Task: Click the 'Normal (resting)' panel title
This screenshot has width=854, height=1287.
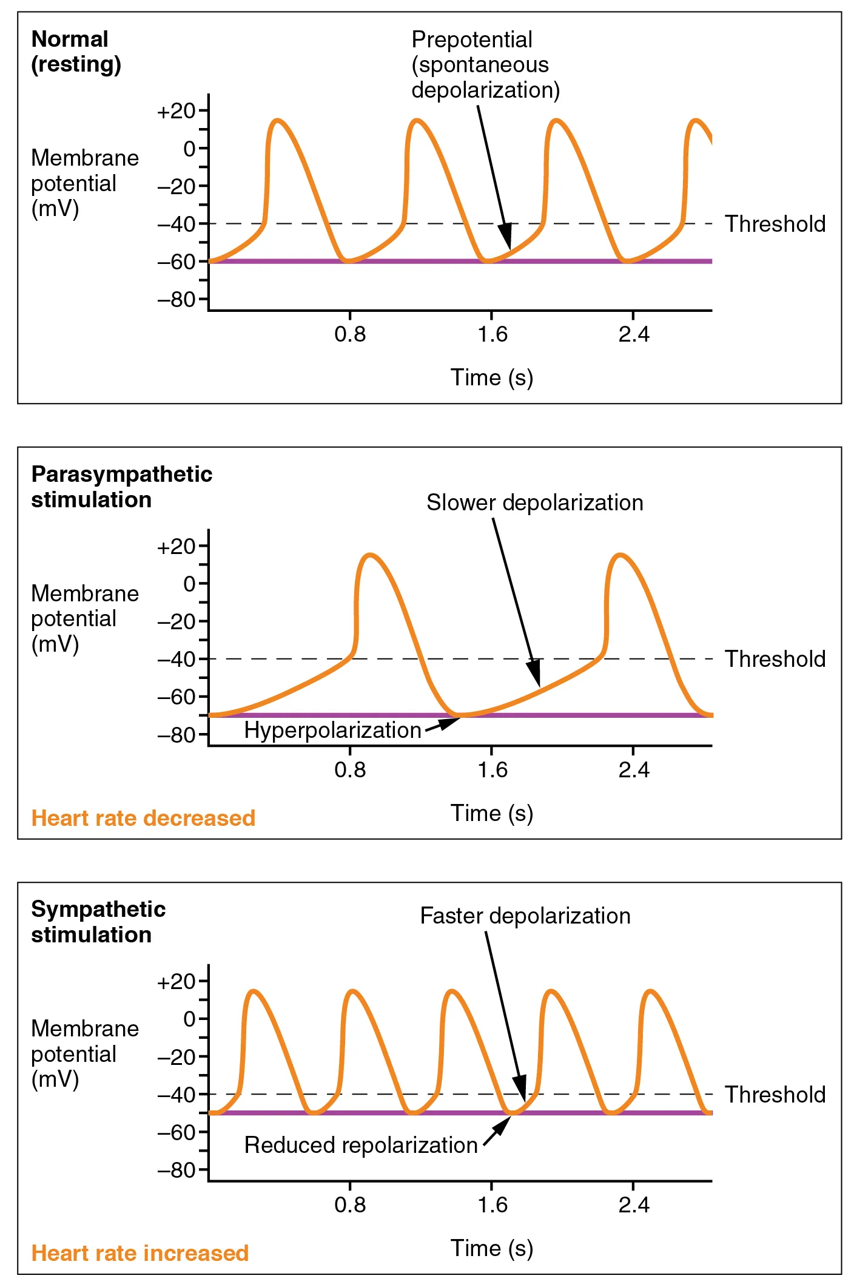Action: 76,52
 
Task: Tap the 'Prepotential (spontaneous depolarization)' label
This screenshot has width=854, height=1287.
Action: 485,65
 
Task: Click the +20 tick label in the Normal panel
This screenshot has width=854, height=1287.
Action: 177,111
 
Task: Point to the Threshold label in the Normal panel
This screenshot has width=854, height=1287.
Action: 775,224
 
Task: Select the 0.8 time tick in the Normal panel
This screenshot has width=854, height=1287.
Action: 350,334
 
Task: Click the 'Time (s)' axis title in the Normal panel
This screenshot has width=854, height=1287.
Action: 491,377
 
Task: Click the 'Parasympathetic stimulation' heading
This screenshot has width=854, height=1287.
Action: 121,487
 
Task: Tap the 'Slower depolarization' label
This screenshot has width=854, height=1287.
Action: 534,502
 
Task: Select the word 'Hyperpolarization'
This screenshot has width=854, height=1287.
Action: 332,730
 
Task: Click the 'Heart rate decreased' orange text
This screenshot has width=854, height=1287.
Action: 143,818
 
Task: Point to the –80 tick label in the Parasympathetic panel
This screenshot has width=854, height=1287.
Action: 177,735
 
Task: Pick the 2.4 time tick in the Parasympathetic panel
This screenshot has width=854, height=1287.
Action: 634,770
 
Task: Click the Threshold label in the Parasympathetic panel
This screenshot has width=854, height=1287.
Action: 775,659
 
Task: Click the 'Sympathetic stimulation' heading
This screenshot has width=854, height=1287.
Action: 98,922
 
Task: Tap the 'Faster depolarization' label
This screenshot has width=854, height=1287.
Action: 525,916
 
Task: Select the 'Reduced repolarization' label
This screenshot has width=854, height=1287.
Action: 361,1145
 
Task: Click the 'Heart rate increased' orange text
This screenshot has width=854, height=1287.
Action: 140,1253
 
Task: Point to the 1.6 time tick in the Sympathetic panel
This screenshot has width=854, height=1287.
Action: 492,1204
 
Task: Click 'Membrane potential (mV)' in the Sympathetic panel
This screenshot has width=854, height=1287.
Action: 85,1053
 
